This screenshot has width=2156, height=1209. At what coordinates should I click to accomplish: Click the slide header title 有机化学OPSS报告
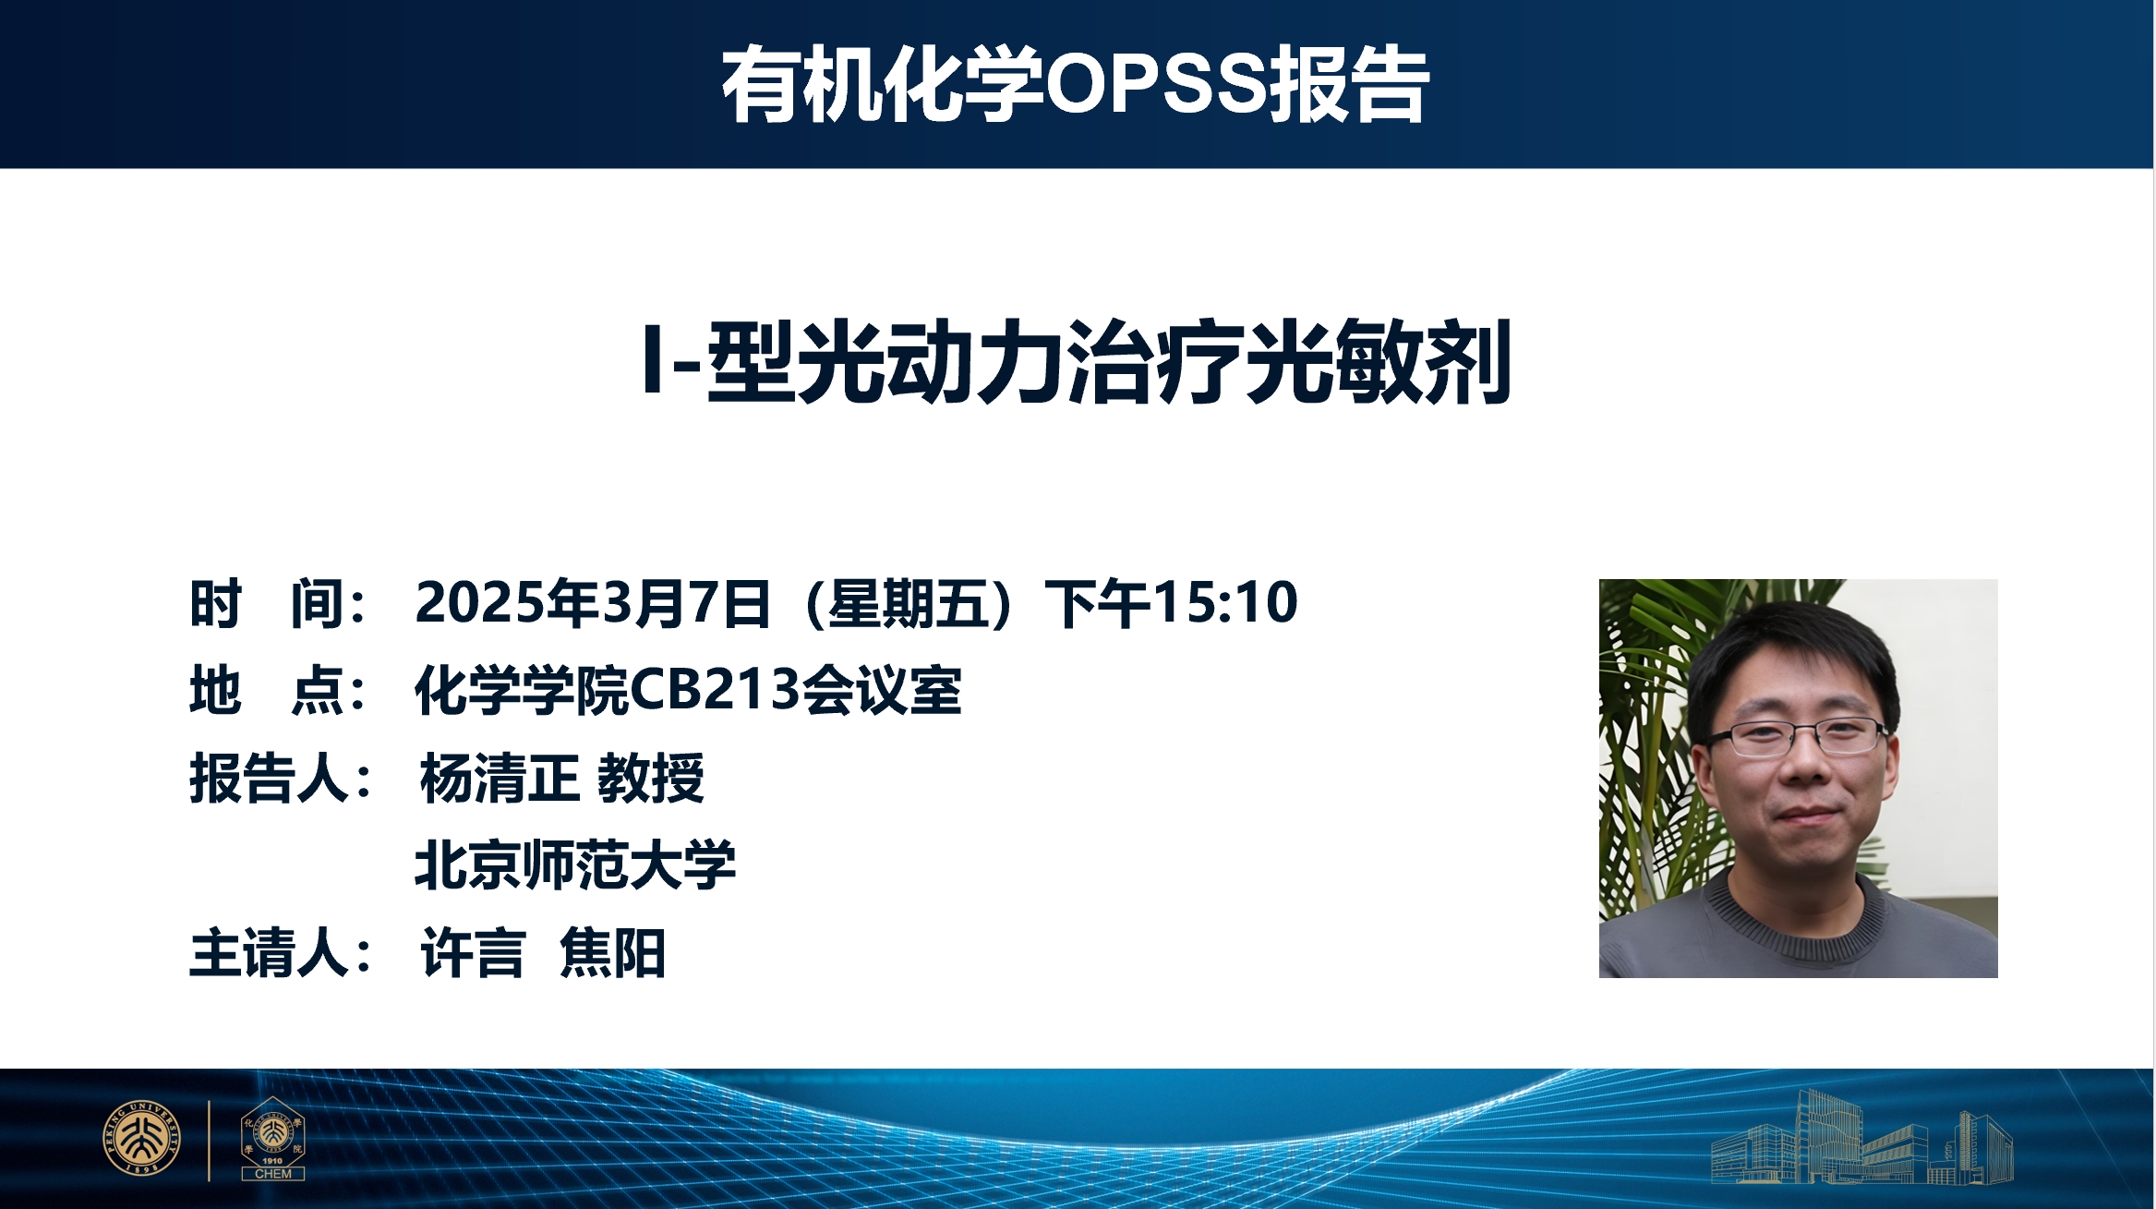tap(1076, 84)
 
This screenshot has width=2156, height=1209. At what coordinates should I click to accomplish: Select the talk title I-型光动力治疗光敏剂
tap(1077, 361)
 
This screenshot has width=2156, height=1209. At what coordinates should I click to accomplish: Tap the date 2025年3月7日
tap(593, 603)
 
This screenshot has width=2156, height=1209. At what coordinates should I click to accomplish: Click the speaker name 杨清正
tap(500, 778)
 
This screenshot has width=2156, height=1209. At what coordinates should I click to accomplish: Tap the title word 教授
tap(651, 778)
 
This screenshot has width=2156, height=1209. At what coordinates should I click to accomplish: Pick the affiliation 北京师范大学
tap(575, 864)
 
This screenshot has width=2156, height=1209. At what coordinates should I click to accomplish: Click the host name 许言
tap(473, 952)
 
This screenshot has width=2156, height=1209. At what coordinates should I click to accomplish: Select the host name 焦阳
tap(612, 952)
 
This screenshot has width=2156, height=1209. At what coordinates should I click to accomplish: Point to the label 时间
tap(278, 603)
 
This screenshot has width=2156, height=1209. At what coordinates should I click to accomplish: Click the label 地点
tap(278, 690)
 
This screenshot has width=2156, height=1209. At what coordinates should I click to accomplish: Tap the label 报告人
tap(280, 778)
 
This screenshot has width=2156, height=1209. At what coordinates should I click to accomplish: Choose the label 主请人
tap(280, 952)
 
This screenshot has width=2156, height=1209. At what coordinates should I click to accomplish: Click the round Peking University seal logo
tap(141, 1138)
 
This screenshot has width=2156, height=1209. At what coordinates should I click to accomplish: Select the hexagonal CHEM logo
tap(272, 1138)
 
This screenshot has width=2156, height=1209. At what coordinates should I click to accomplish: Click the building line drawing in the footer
tap(1861, 1137)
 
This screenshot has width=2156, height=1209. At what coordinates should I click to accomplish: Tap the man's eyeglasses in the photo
tap(1797, 736)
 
